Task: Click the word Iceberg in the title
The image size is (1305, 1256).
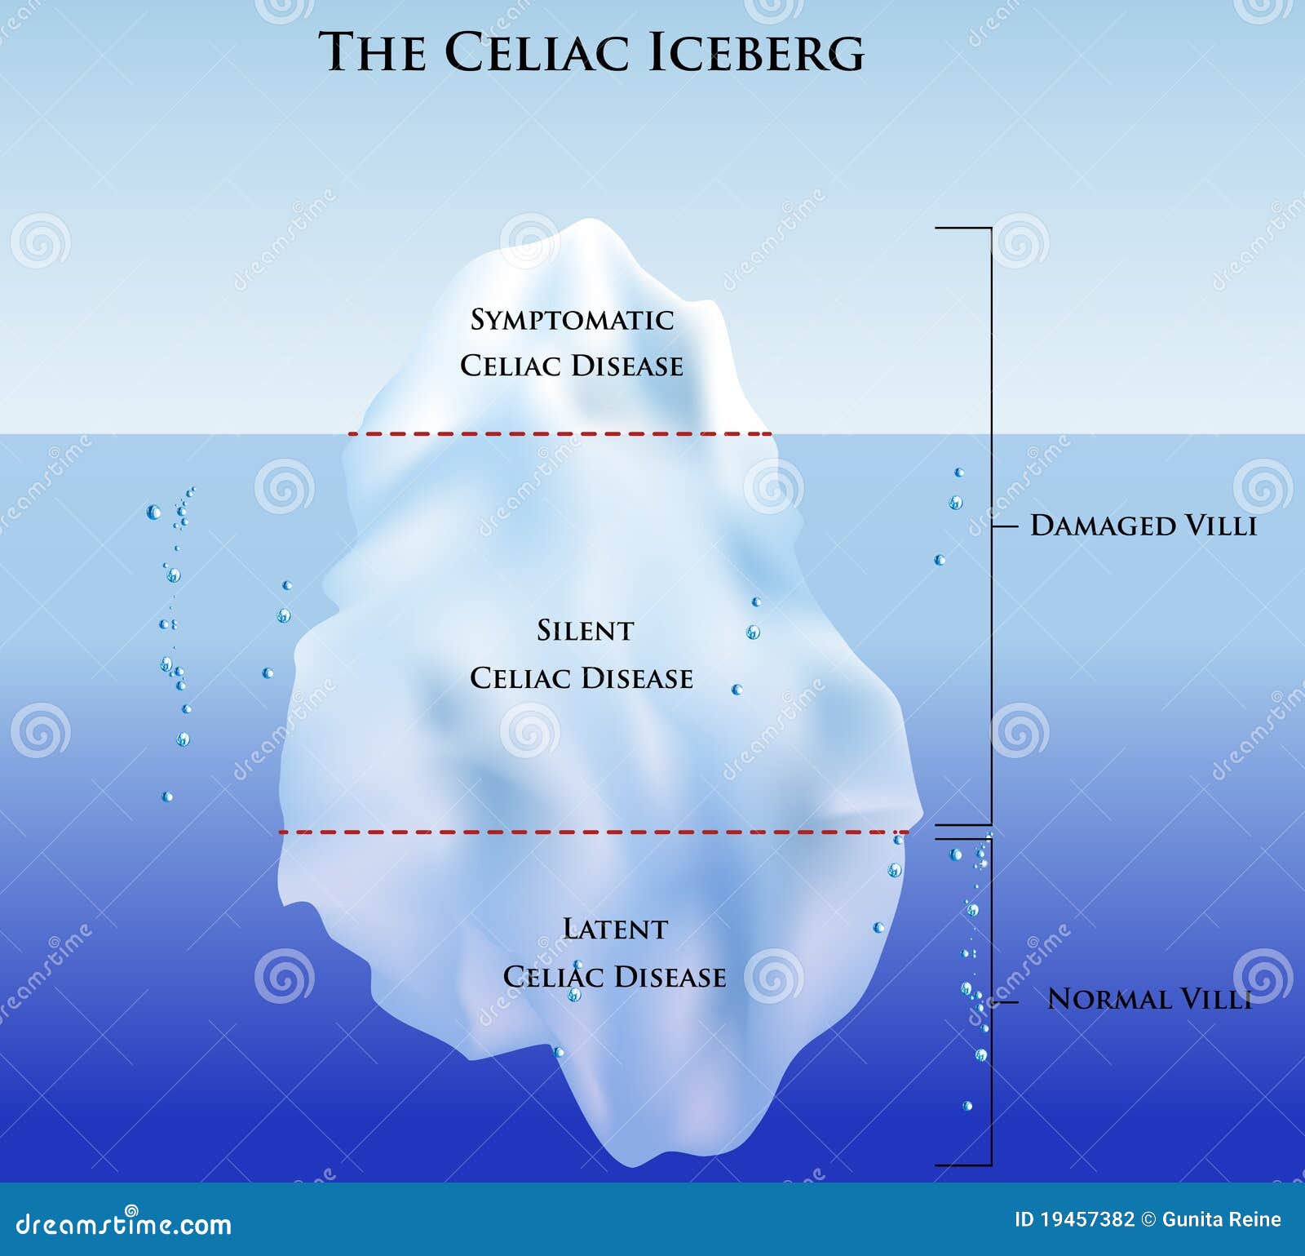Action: (756, 52)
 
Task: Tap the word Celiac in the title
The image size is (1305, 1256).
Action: (537, 52)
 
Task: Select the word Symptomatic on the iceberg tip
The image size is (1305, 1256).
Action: (572, 320)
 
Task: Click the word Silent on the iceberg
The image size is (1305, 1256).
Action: (585, 630)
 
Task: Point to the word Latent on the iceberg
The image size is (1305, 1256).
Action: (615, 929)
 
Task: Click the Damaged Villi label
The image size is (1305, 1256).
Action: (1144, 526)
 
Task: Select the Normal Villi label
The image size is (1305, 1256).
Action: (1149, 999)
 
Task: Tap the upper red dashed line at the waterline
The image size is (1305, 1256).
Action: (560, 434)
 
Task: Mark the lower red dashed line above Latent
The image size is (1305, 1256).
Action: (593, 832)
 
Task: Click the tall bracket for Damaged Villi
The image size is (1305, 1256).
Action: (991, 526)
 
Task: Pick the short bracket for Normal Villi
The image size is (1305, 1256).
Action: (991, 1001)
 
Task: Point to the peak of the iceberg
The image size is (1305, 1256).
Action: (589, 220)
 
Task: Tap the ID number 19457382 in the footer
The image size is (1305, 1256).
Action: (1074, 1219)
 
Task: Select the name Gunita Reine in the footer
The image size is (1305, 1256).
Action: (1221, 1219)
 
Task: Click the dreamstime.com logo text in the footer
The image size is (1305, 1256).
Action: (124, 1223)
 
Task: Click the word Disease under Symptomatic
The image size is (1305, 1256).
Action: (627, 366)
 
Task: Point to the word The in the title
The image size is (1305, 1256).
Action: (372, 52)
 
